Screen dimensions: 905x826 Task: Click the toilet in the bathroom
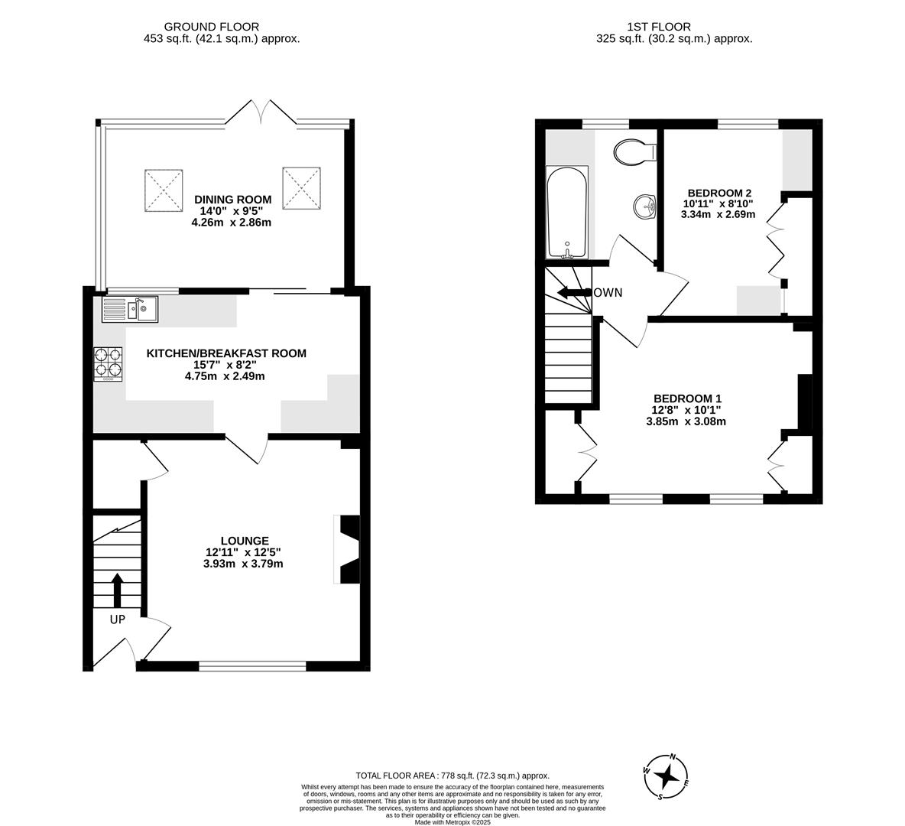635,152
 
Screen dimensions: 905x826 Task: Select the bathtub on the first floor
567,213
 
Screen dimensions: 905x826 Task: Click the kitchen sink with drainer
130,309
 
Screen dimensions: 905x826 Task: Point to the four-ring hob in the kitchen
109,364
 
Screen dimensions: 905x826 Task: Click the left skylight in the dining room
164,187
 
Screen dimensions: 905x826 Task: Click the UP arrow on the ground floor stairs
117,588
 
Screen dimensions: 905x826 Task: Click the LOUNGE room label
245,541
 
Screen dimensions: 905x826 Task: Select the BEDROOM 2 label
719,193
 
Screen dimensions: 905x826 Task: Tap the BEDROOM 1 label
687,398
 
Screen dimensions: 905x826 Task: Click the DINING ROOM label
232,200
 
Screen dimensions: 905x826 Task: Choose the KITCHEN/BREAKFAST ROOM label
226,353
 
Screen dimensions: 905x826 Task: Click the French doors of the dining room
261,112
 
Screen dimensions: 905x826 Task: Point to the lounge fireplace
348,549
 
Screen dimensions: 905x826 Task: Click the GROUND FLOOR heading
212,27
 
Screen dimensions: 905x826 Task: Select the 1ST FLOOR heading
659,27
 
